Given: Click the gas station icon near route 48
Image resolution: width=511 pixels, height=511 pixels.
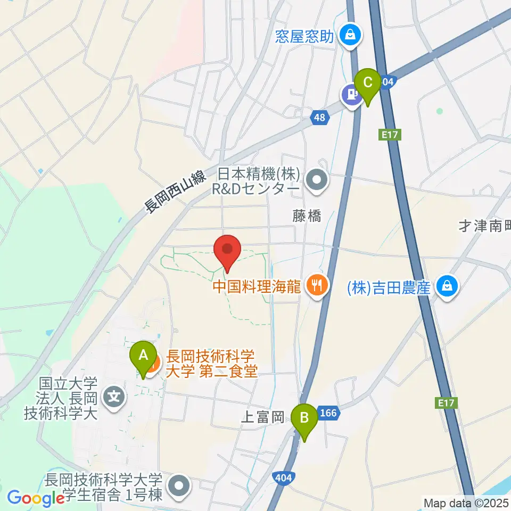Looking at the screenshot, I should click(351, 95).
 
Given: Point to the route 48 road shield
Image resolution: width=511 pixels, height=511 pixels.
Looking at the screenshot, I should click(318, 118).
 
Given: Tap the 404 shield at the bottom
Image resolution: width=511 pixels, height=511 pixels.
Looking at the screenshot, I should click(284, 477).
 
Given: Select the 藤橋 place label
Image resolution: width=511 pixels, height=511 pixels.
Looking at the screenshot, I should click(307, 215).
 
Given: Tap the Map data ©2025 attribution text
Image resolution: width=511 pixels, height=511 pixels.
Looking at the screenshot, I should click(465, 502).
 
